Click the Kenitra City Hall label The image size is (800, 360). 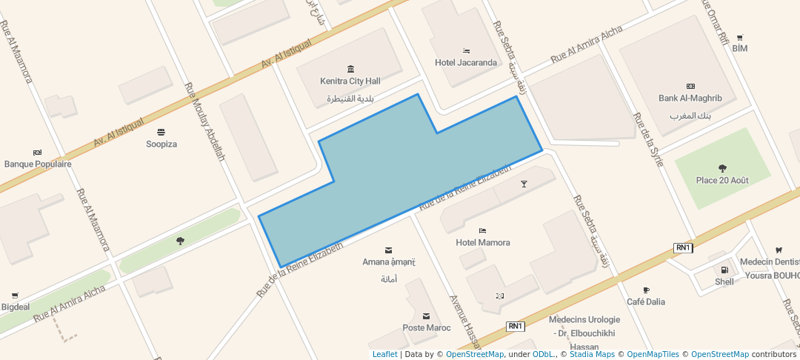tap(350, 81)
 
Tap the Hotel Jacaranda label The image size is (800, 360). tap(466, 62)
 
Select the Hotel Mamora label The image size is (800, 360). tap(482, 242)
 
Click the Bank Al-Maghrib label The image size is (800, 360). tap(690, 98)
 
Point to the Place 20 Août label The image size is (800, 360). tap(722, 180)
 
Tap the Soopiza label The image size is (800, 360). tap(161, 144)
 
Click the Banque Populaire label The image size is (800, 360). tap(38, 164)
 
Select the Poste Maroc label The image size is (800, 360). tap(426, 327)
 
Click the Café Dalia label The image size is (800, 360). tap(646, 301)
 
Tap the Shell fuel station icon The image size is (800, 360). tap(724, 270)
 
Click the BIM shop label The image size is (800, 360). tap(739, 48)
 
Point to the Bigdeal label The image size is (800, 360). tap(16, 307)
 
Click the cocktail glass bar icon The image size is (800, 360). tap(524, 184)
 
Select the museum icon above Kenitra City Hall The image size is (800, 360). tap(350, 69)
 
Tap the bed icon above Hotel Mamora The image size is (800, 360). tap(482, 230)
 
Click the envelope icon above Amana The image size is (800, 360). tap(389, 250)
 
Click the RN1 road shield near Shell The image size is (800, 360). tap(682, 247)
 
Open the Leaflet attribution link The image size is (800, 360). tap(384, 354)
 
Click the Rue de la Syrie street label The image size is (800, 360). tap(647, 139)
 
